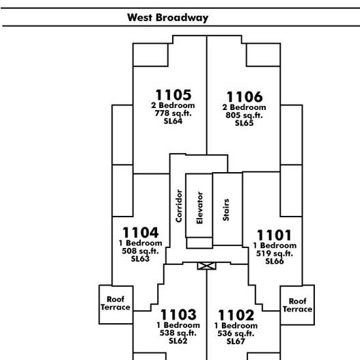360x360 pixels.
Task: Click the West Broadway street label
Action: click(x=168, y=18)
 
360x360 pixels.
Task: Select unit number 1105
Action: click(x=174, y=94)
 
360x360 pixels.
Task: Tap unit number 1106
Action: click(x=245, y=96)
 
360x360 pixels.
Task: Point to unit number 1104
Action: click(x=141, y=232)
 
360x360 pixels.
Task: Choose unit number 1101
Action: click(x=275, y=235)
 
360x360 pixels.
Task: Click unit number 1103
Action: click(x=178, y=314)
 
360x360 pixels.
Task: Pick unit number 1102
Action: click(x=236, y=315)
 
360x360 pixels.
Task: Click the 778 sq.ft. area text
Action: click(x=173, y=113)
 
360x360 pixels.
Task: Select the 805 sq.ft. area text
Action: click(x=244, y=115)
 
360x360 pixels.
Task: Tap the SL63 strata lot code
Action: click(x=140, y=259)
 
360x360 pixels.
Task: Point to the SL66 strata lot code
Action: click(x=275, y=261)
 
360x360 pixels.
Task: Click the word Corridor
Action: click(x=178, y=206)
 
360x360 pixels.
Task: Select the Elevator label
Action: click(x=199, y=208)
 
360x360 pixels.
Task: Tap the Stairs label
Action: click(x=226, y=210)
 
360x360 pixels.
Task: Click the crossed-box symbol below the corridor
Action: click(x=206, y=266)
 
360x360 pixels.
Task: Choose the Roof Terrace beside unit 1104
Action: click(x=115, y=303)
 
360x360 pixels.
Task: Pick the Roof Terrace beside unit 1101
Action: click(x=297, y=305)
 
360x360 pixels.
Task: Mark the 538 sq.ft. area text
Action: click(x=178, y=333)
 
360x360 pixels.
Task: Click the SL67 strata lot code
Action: click(x=236, y=342)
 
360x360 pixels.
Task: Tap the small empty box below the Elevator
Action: click(x=199, y=243)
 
